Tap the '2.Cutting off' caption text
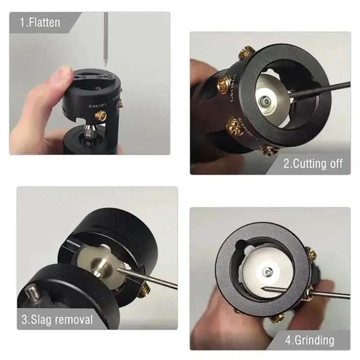[x=313, y=163]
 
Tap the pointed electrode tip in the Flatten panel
[x=106, y=64]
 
